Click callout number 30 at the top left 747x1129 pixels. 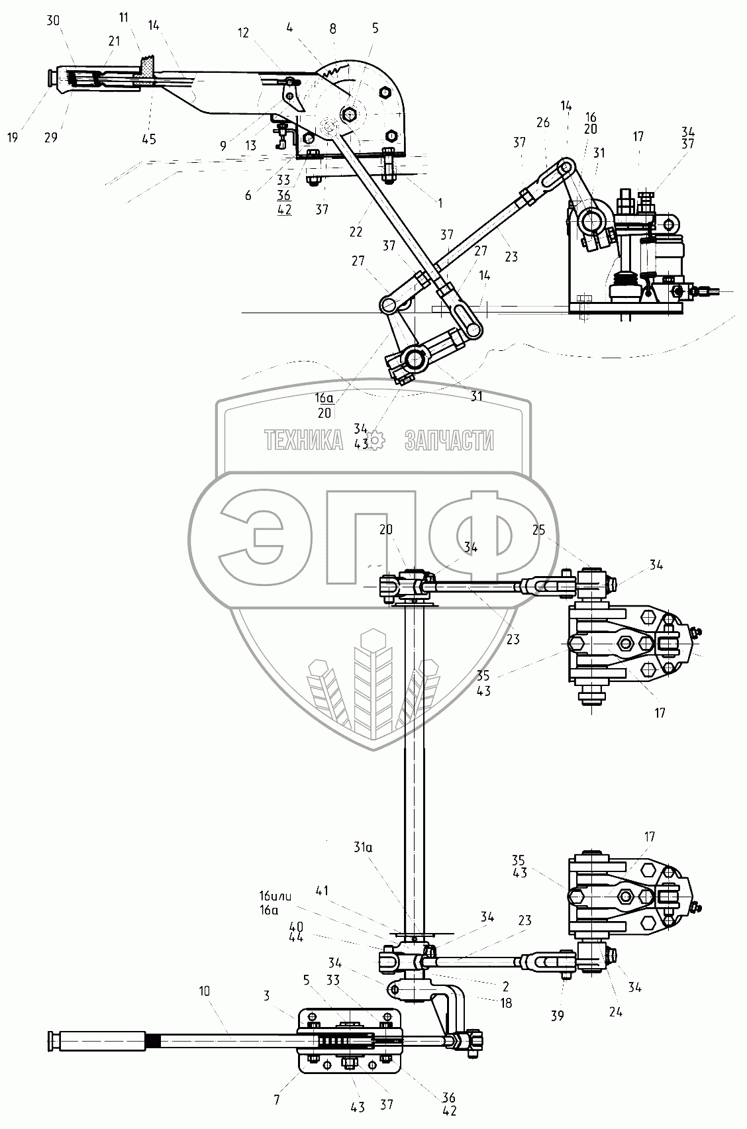click(53, 21)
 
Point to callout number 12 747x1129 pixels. click(244, 32)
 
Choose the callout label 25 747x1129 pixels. click(539, 530)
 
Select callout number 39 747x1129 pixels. click(558, 1016)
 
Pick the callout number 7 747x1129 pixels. click(277, 1101)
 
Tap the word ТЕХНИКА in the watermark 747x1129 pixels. click(303, 440)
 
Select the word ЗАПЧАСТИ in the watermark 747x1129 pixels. click(448, 440)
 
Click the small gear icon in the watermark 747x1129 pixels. click(375, 439)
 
